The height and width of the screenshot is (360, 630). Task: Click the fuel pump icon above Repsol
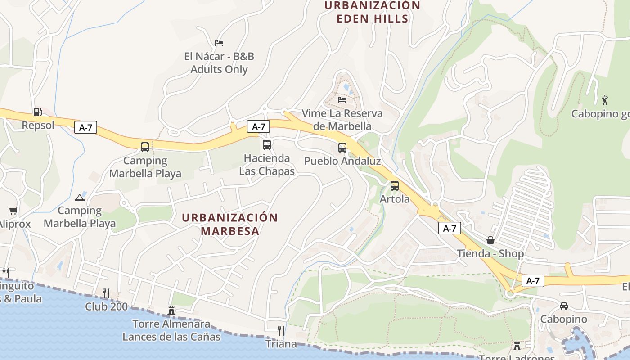coord(37,112)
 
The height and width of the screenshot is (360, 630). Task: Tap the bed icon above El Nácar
coord(219,43)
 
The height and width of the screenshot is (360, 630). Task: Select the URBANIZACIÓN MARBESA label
coord(230,224)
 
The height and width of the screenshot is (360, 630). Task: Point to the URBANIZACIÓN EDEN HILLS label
coord(372,12)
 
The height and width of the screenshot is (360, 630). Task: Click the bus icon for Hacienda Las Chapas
coord(267,145)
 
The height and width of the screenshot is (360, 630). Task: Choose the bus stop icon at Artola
coord(395,185)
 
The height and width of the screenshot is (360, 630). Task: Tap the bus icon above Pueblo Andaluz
coord(342,148)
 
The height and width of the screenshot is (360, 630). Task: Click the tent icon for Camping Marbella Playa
coord(80,197)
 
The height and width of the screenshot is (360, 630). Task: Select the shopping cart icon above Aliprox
coord(13,211)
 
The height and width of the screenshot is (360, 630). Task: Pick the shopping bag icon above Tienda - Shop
coord(490,240)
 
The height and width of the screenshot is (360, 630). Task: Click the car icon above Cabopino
coord(563,306)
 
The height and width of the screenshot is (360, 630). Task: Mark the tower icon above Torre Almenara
coord(171,310)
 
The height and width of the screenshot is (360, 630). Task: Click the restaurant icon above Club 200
coord(106,293)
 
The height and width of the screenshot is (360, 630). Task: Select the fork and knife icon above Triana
coord(281,331)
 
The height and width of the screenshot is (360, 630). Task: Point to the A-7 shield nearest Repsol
coord(85,127)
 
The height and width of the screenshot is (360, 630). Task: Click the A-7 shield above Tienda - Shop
coord(450,228)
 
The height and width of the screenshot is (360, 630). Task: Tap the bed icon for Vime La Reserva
coord(342,99)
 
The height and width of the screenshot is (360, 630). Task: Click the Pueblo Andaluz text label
coord(342,161)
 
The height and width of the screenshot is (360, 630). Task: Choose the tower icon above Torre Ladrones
coord(517,346)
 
